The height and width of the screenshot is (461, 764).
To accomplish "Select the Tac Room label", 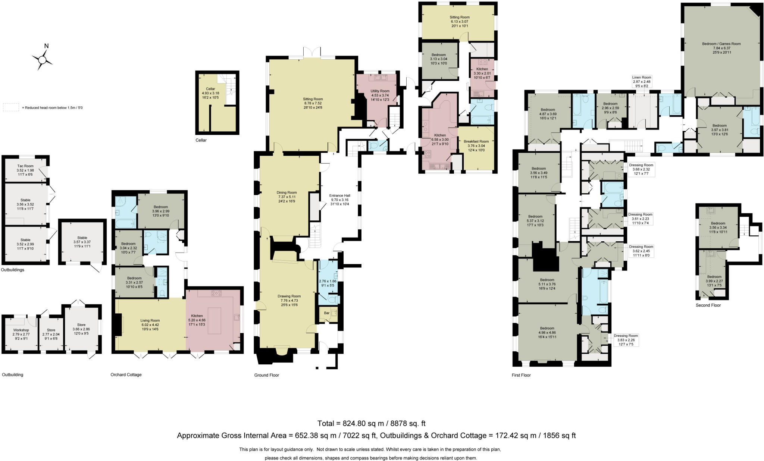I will [25, 166].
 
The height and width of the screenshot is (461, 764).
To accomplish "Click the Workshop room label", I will [21, 330].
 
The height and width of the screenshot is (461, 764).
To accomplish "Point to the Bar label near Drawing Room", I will [326, 313].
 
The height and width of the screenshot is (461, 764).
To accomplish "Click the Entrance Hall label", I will [339, 195].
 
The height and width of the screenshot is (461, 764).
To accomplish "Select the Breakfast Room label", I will [476, 141].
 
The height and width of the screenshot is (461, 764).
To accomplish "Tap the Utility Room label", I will [380, 91].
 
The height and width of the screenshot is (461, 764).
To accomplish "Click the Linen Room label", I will [642, 78].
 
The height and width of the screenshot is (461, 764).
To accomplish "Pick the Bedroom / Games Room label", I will [721, 44].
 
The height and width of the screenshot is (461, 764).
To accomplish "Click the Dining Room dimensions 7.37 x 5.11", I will [286, 197].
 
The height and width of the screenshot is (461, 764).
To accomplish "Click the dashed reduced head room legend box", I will [10, 107].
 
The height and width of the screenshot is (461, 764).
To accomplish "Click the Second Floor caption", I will [708, 305].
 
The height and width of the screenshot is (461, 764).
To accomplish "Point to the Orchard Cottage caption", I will [126, 374].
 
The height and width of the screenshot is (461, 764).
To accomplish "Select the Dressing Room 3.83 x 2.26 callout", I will [626, 340].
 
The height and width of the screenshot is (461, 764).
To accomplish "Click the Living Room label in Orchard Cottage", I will [150, 320].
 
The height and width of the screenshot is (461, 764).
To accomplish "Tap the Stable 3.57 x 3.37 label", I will [82, 238].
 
